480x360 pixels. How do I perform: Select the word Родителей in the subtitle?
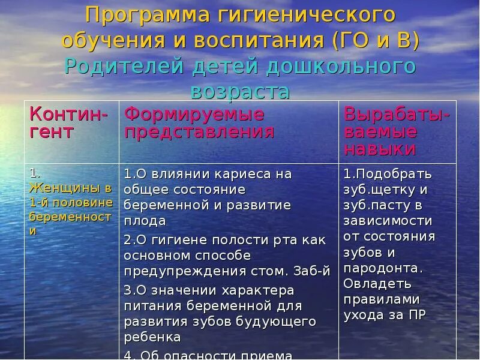coord(123,65)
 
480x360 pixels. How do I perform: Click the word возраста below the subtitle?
coord(240,91)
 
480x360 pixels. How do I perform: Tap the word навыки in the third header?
coord(380,149)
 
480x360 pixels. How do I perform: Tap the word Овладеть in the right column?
coord(377,283)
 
